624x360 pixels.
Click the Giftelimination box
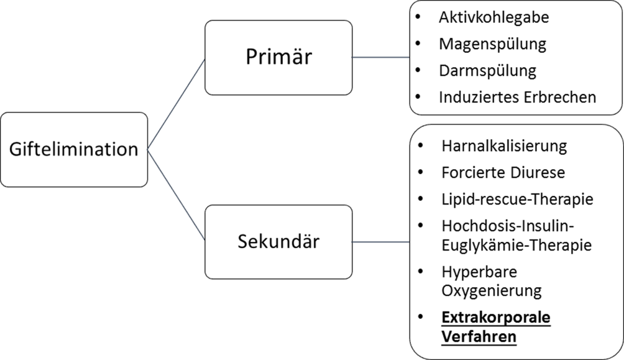74,149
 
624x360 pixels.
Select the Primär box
278,58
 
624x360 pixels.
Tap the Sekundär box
278,241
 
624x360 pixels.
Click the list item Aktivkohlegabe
493,17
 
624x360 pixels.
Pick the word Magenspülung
492,44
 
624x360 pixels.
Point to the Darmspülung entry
487,70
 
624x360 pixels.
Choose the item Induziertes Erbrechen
517,97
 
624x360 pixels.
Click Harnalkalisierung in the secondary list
504,146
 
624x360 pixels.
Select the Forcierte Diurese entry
503,173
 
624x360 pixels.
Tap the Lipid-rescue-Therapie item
516,200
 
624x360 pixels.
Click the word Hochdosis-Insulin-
507,226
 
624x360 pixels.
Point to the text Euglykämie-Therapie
516,245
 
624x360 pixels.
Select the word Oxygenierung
492,290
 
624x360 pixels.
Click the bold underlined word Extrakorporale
496,318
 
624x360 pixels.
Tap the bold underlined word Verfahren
479,336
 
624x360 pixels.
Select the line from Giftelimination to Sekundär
177,194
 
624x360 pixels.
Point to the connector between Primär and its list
380,58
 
